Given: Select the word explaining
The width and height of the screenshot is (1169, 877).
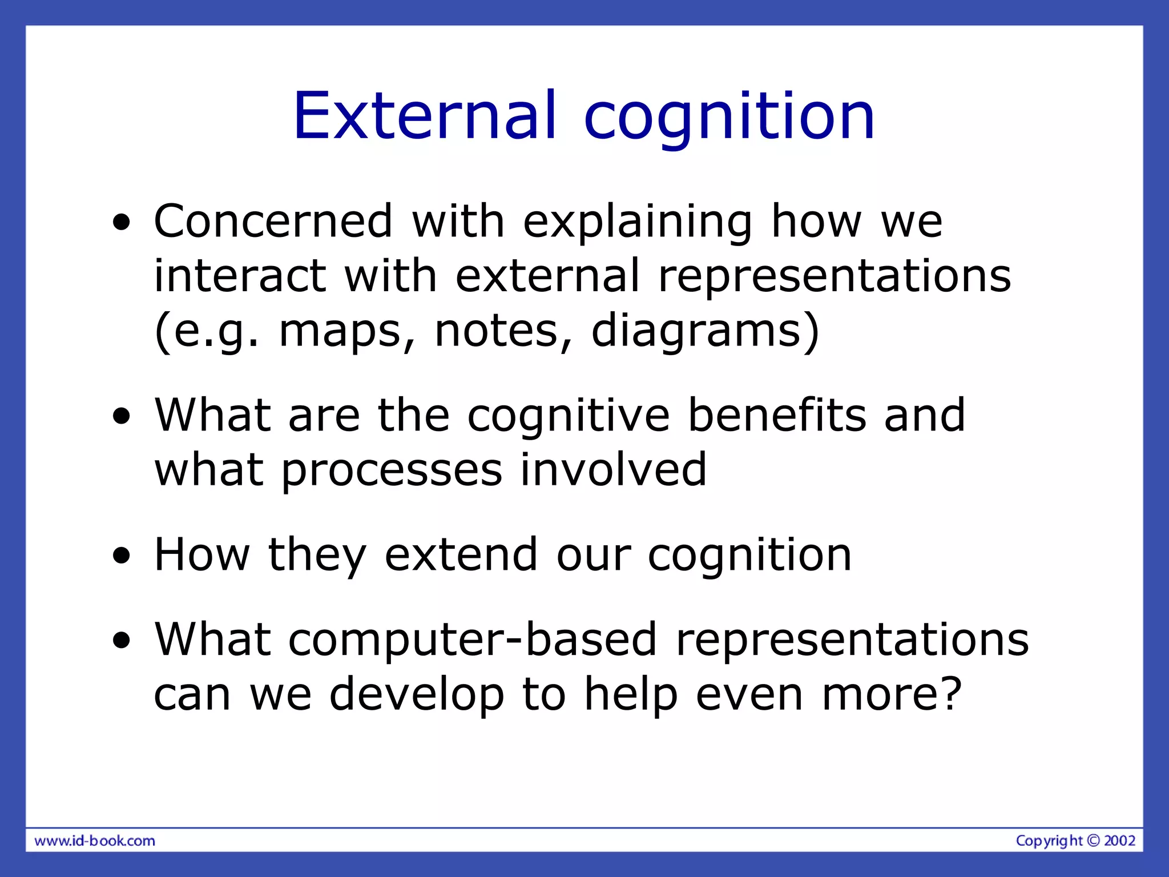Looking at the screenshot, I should pyautogui.click(x=638, y=223).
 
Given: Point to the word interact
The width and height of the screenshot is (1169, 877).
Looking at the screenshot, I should pyautogui.click(x=240, y=276).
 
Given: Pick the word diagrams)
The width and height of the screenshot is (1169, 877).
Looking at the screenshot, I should pyautogui.click(x=705, y=332).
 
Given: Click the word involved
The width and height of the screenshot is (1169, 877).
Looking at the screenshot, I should pyautogui.click(x=614, y=469).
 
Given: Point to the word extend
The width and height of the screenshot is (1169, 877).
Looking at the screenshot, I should pyautogui.click(x=461, y=554).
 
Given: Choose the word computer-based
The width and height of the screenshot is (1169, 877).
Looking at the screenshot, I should pyautogui.click(x=472, y=640).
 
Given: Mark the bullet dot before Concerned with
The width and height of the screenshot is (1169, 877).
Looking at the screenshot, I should pyautogui.click(x=121, y=223).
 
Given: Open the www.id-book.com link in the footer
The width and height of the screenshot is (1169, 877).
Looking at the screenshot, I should pyautogui.click(x=95, y=841).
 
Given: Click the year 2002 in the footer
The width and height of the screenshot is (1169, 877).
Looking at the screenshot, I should pyautogui.click(x=1119, y=840).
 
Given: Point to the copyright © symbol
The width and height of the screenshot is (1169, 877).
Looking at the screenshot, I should pyautogui.click(x=1093, y=840).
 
